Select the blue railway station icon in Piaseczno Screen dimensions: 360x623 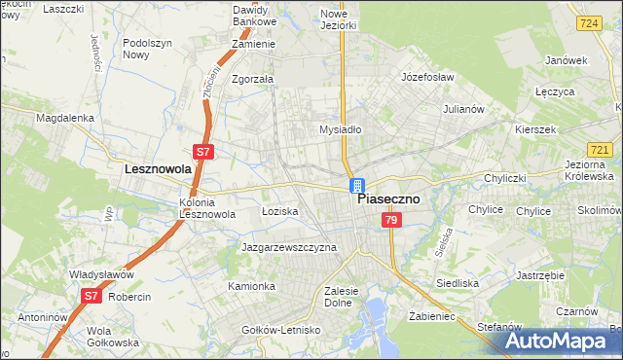(x=357, y=185)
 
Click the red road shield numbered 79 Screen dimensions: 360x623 (x=390, y=221)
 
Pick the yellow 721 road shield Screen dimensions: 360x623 (x=601, y=149)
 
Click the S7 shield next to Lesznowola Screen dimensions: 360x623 (x=203, y=152)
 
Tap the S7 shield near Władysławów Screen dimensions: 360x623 (x=91, y=294)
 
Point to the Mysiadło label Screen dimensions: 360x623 (x=341, y=128)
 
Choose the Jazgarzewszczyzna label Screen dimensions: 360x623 (x=289, y=247)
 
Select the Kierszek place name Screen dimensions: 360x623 (x=534, y=129)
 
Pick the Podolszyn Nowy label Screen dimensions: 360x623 (x=149, y=50)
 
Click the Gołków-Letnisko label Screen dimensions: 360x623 (x=281, y=331)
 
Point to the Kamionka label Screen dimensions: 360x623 (x=252, y=286)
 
